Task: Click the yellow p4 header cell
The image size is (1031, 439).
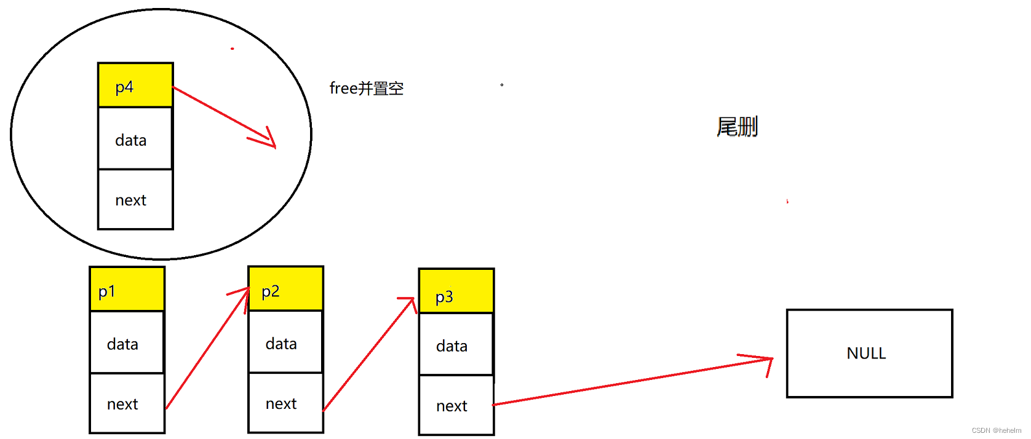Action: click(x=135, y=85)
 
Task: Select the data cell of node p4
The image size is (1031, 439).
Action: click(x=135, y=139)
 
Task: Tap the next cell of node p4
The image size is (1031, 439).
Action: click(x=135, y=199)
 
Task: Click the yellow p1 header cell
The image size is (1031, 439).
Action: click(x=127, y=290)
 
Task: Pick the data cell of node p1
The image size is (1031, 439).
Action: click(x=127, y=342)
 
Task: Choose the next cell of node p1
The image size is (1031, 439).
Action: click(x=127, y=403)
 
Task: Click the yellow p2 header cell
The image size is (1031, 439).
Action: click(x=286, y=289)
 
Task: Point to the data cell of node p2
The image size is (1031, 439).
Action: click(x=286, y=342)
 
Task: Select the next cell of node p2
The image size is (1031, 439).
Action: click(x=286, y=403)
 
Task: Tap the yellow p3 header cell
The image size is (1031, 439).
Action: click(x=456, y=291)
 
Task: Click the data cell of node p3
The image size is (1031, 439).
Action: click(x=456, y=345)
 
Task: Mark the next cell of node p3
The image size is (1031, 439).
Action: click(x=456, y=405)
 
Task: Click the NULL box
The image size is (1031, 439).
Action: click(x=869, y=354)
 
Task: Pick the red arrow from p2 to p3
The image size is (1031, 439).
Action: click(x=369, y=354)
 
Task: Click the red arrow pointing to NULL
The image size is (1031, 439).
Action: click(x=634, y=381)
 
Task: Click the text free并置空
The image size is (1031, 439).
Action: click(x=367, y=89)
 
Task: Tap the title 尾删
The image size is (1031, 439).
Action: click(x=737, y=127)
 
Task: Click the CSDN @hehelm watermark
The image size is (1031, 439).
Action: click(x=996, y=430)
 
